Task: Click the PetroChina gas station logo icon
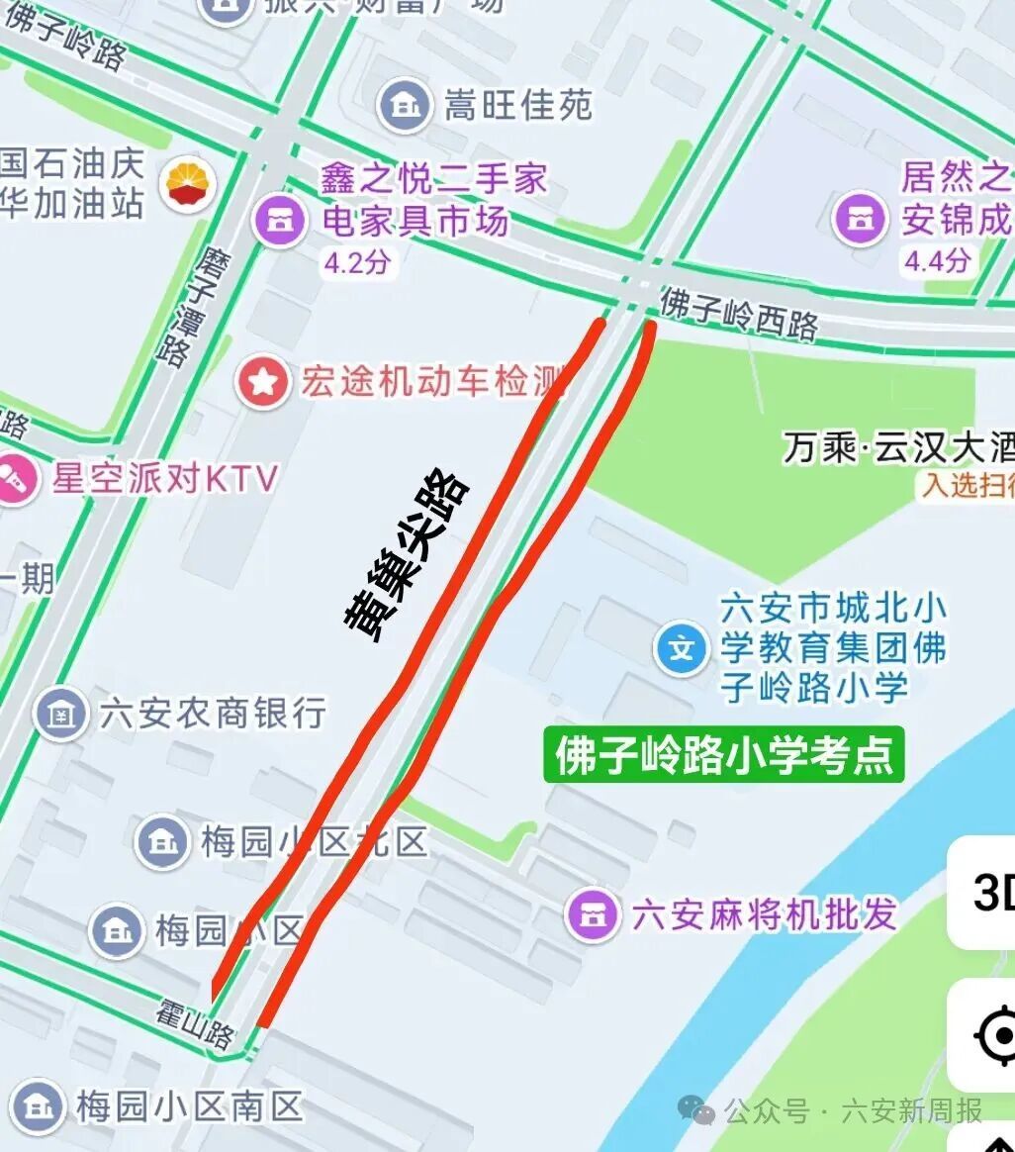(191, 183)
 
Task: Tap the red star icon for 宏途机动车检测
(262, 383)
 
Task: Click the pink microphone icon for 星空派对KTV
(16, 480)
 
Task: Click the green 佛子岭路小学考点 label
(724, 756)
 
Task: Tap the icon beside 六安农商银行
(61, 714)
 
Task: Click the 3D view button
(989, 893)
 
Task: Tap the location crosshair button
(994, 1035)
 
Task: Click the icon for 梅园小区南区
(38, 1105)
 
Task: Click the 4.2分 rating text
(357, 264)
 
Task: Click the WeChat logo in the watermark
(701, 1110)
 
